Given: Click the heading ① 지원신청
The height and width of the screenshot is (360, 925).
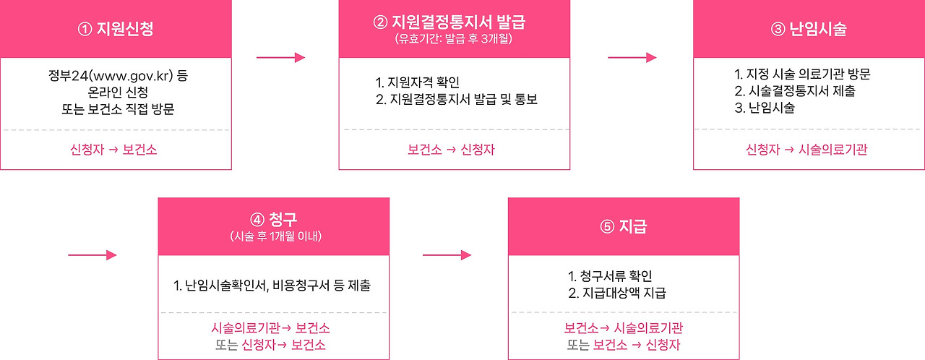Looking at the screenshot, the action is pyautogui.click(x=115, y=30).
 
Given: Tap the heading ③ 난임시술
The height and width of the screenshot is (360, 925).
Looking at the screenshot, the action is pyautogui.click(x=809, y=30).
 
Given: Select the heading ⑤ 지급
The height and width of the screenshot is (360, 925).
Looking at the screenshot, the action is pyautogui.click(x=623, y=226).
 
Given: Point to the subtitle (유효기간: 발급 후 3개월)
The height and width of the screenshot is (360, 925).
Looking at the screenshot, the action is pyautogui.click(x=453, y=39).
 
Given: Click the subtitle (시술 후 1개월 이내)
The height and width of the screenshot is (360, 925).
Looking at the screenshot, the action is pyautogui.click(x=272, y=237).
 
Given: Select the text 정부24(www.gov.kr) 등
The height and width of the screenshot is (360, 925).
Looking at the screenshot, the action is pyautogui.click(x=116, y=76).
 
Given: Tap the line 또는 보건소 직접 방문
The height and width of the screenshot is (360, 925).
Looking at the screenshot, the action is pyautogui.click(x=116, y=110).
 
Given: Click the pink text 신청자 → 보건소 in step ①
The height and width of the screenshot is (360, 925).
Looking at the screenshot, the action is pyautogui.click(x=114, y=150).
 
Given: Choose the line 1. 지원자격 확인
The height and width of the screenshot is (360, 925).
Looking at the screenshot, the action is pyautogui.click(x=418, y=82).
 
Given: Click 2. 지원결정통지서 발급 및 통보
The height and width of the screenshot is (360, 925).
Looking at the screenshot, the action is pyautogui.click(x=457, y=99).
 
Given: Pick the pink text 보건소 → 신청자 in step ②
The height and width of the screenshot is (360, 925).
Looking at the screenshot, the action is pyautogui.click(x=451, y=150).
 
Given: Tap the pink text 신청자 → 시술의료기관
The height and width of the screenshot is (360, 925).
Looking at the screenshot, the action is pyautogui.click(x=806, y=150).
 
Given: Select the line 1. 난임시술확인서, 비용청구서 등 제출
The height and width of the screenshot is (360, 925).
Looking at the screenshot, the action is pyautogui.click(x=272, y=286).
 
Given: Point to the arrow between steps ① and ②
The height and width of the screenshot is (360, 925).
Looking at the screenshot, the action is pyautogui.click(x=280, y=58).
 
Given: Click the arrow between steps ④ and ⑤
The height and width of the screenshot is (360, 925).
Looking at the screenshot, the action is pyautogui.click(x=447, y=254).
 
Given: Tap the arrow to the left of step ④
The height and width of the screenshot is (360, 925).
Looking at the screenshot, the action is pyautogui.click(x=92, y=254).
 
